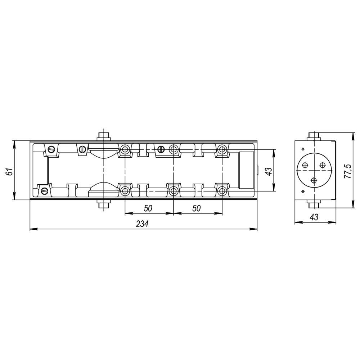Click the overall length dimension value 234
tap(142, 224)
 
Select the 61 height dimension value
tap(10, 171)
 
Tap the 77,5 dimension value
tap(348, 171)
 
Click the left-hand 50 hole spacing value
tap(148, 208)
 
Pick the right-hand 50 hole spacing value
tap(197, 208)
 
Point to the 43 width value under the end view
tap(314, 217)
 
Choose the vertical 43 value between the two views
tap(269, 171)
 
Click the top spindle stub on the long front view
tap(104, 136)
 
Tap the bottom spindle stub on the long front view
tap(104, 204)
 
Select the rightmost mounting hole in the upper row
tap(222, 149)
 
